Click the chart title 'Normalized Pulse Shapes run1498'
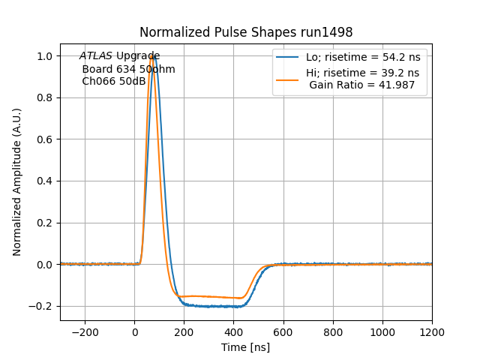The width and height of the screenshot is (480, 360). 246,33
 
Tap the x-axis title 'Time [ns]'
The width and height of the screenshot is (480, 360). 245,347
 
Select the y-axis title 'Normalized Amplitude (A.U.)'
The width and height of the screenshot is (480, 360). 17,181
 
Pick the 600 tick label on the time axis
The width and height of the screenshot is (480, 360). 283,332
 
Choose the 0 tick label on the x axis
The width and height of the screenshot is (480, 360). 135,332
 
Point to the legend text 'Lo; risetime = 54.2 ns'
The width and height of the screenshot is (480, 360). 362,58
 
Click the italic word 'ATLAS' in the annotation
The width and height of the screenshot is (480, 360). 95,56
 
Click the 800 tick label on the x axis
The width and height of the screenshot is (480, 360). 333,332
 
